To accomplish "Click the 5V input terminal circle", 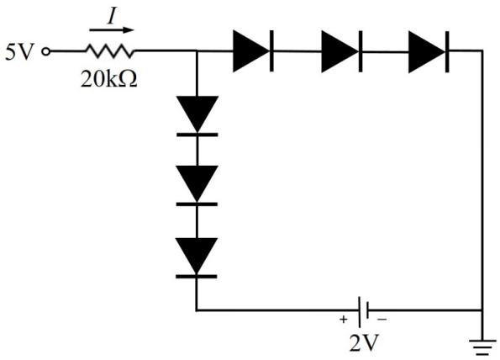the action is (46, 51).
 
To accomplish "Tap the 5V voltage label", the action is (19, 51).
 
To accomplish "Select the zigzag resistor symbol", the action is (109, 51).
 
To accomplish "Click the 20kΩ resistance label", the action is (109, 79).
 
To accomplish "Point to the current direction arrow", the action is (111, 30).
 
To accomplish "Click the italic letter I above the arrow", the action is (112, 17).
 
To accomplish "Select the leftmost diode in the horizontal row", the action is (253, 51).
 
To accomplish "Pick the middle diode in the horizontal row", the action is (342, 51).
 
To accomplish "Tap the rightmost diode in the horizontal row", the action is (429, 51).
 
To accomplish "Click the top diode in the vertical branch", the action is (197, 116).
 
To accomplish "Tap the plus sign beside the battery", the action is (343, 319).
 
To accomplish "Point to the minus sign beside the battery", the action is (382, 319).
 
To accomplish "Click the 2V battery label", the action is (364, 343).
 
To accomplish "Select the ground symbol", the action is (482, 347).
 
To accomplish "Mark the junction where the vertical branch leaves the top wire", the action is (197, 50).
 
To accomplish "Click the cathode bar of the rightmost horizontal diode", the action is (447, 51).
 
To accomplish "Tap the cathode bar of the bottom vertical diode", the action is (197, 277).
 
